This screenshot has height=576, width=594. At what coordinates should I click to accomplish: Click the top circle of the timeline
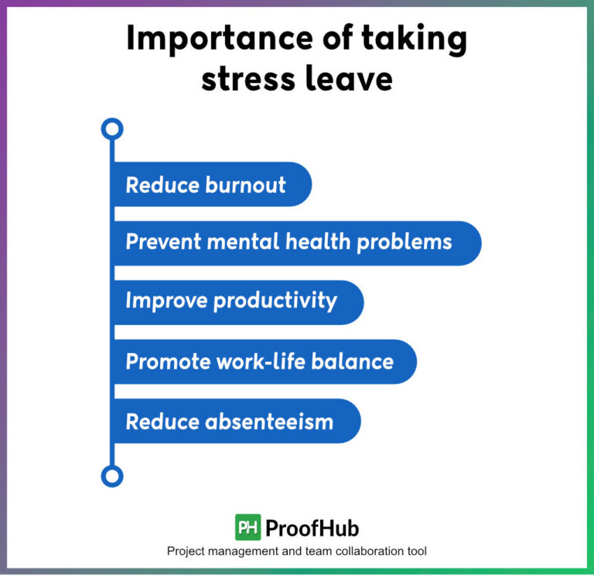point(112,129)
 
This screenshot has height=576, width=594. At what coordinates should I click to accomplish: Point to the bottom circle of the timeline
point(112,475)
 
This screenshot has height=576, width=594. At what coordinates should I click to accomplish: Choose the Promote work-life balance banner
point(263,362)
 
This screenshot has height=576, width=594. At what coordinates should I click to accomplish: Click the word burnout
point(245,185)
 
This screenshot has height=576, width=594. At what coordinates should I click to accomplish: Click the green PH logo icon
point(247,527)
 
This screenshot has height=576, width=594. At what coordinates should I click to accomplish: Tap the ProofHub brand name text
point(312,528)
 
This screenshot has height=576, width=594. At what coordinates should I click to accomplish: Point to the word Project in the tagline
point(186,551)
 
